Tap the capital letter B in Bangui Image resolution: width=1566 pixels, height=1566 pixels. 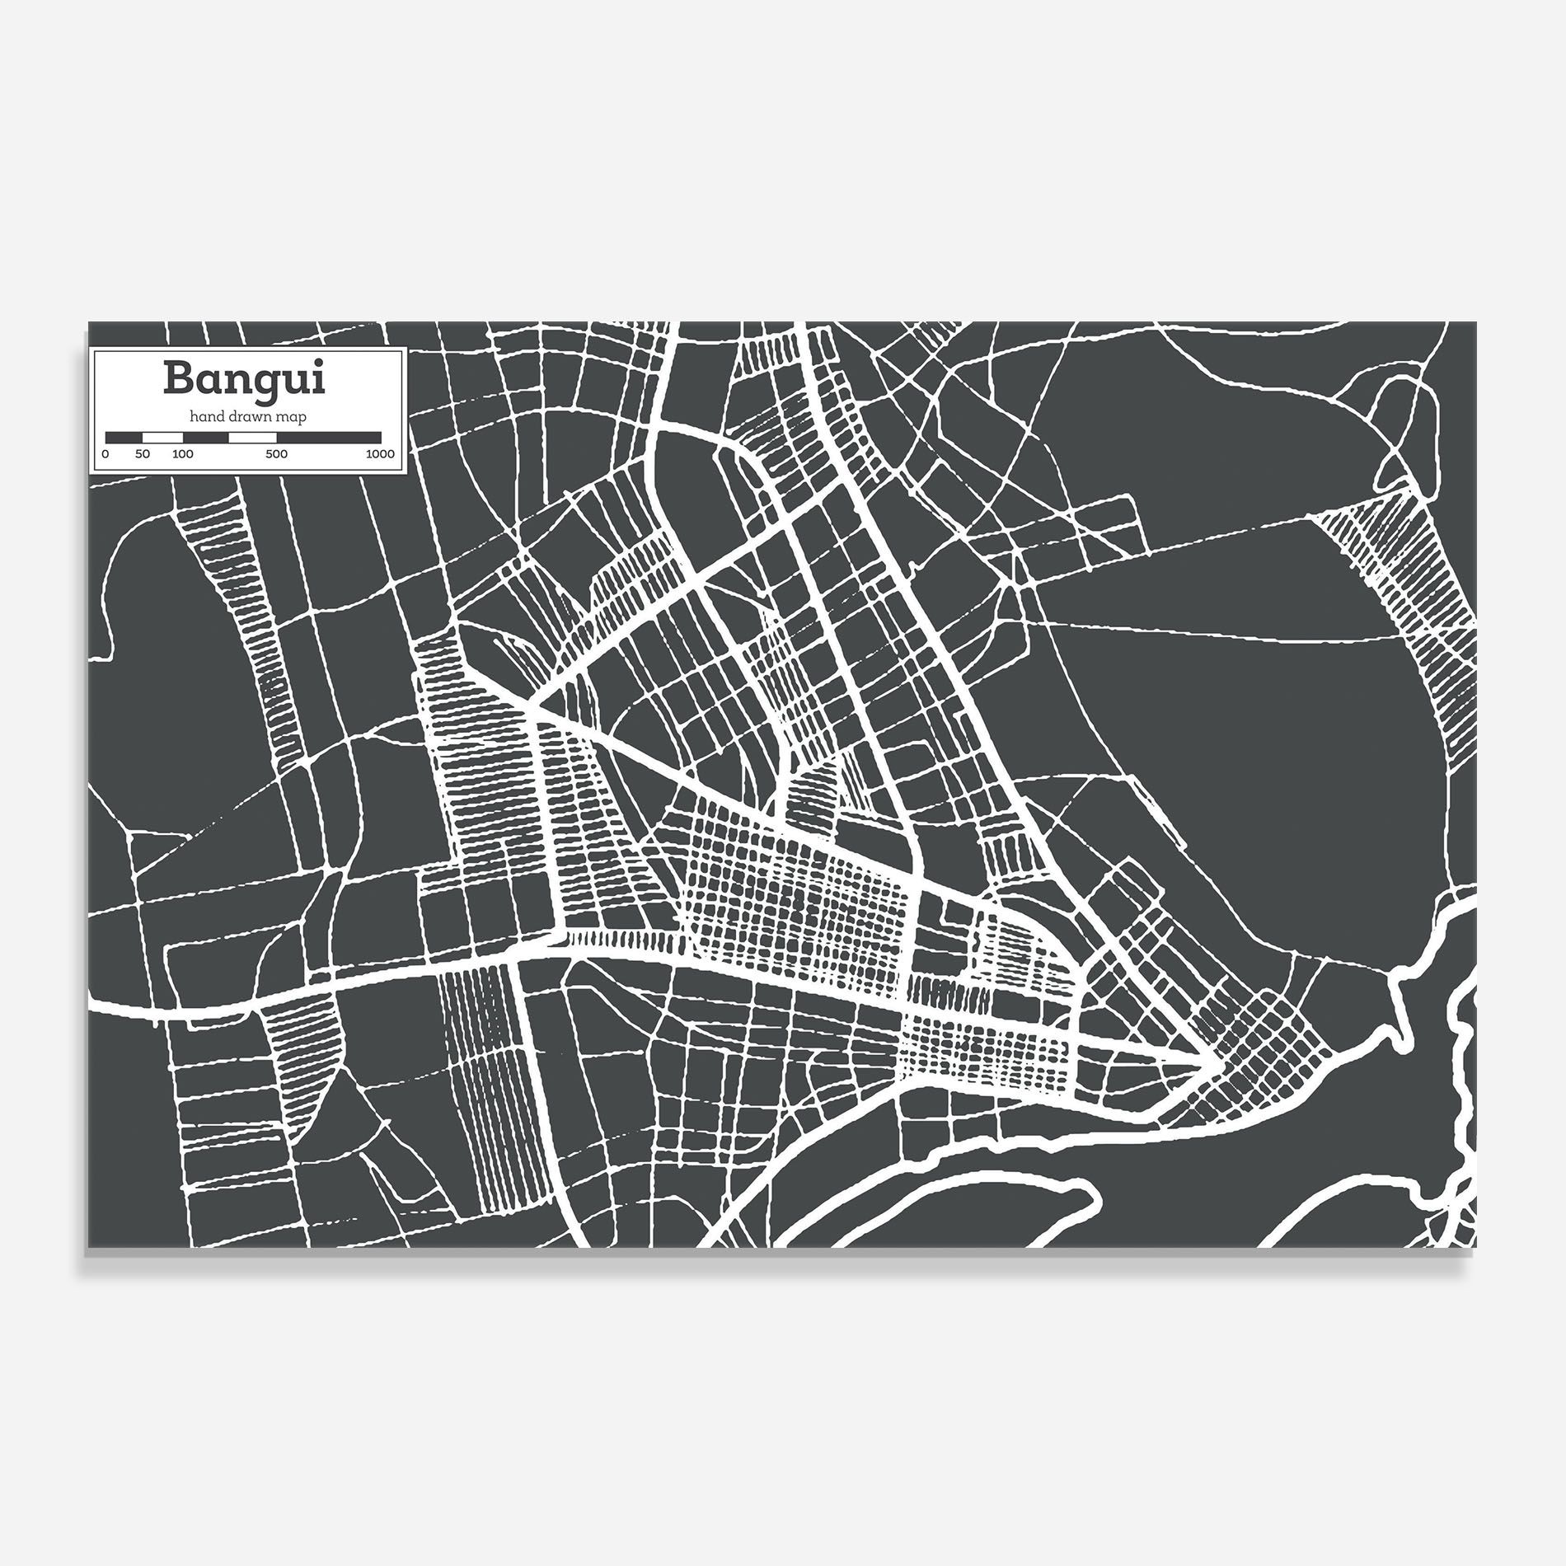[x=179, y=378]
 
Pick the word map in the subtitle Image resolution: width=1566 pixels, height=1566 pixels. [x=293, y=417]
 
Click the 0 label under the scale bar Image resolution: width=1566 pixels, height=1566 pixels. [x=105, y=454]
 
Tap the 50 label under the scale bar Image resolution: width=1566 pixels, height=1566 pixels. [x=143, y=454]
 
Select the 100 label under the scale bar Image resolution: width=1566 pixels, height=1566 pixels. [x=183, y=454]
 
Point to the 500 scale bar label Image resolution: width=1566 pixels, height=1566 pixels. [x=276, y=454]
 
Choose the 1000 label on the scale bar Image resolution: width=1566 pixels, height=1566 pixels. [x=380, y=454]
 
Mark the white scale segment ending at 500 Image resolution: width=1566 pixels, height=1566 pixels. [x=252, y=437]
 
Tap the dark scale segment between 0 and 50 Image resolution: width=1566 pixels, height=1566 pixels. [x=124, y=437]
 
